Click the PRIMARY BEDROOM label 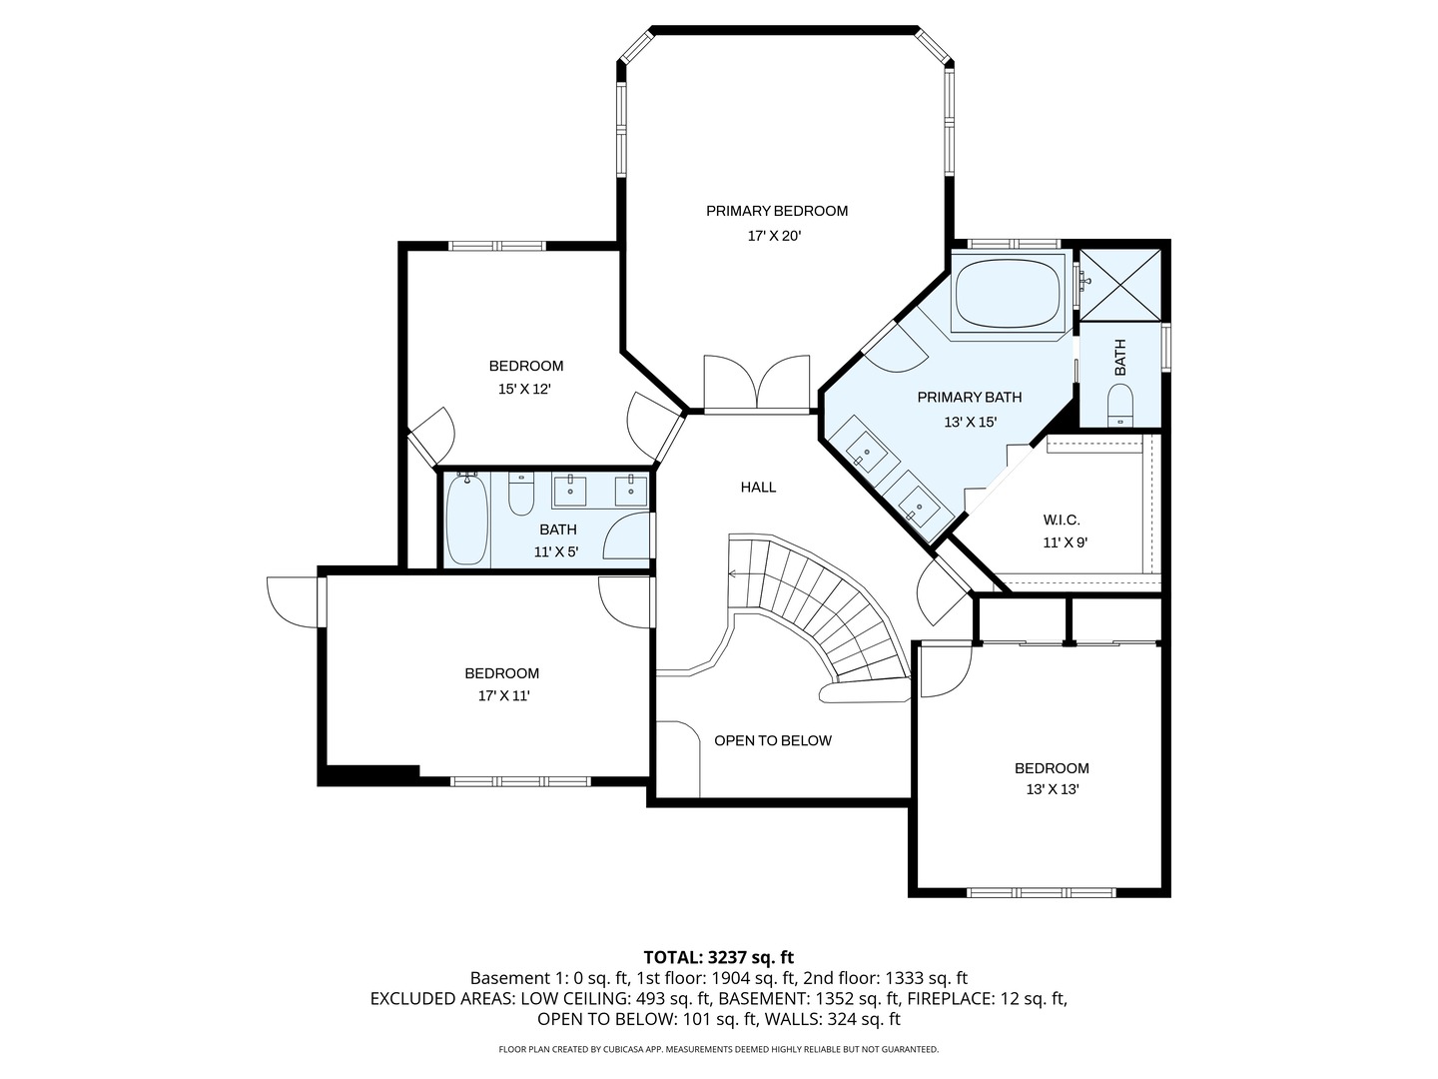point(776,211)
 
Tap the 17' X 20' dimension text point(775,237)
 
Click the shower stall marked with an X point(1121,284)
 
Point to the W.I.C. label point(1062,520)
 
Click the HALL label point(758,488)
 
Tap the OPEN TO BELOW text point(772,740)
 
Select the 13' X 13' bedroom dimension point(1052,789)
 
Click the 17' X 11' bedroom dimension point(502,696)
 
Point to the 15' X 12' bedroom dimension point(525,390)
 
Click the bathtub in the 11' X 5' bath point(465,520)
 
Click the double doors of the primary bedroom point(757,383)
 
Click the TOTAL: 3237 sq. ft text point(718,957)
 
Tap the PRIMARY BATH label point(969,398)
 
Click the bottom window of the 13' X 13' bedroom point(1041,892)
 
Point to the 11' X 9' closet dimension point(1065,543)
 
